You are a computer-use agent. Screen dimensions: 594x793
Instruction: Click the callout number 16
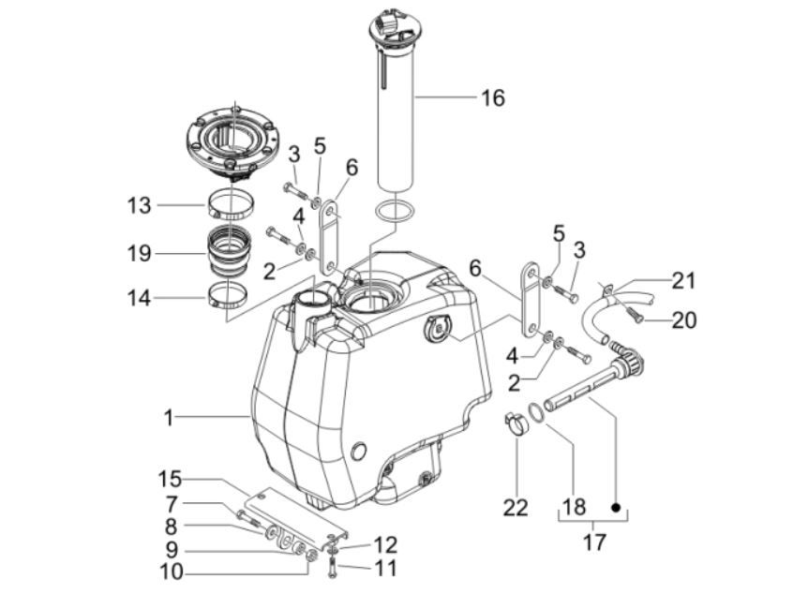click(492, 97)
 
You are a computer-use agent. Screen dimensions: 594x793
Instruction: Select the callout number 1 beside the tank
click(169, 417)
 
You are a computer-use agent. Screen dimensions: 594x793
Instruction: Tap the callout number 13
click(140, 205)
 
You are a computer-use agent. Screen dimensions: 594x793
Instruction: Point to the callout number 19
click(140, 253)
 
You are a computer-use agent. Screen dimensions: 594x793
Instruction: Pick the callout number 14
click(140, 299)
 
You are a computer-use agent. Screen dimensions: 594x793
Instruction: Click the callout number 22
click(516, 508)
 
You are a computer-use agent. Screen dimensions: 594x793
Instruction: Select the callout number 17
click(594, 542)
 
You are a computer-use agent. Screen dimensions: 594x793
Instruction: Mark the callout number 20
click(683, 320)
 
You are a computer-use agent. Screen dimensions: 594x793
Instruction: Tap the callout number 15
click(170, 478)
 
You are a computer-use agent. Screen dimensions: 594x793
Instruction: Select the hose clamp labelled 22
click(516, 424)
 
